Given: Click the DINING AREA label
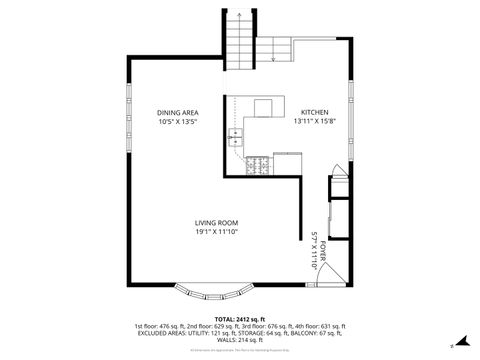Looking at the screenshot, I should click(x=176, y=112).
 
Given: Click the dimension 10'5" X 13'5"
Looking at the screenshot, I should click(x=176, y=122).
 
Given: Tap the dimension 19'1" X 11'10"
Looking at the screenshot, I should click(x=216, y=232).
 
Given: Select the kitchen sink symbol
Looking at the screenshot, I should click(x=236, y=134).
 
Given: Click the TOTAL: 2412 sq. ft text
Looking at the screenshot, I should click(x=239, y=318).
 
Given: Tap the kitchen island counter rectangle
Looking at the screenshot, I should click(x=264, y=108).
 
